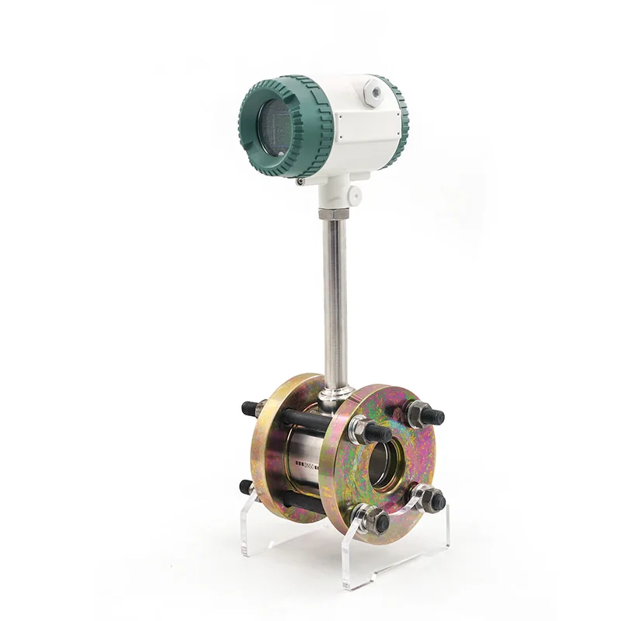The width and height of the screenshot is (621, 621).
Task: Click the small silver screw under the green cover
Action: (300, 181)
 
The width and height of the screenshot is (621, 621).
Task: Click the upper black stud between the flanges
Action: (307, 420)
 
